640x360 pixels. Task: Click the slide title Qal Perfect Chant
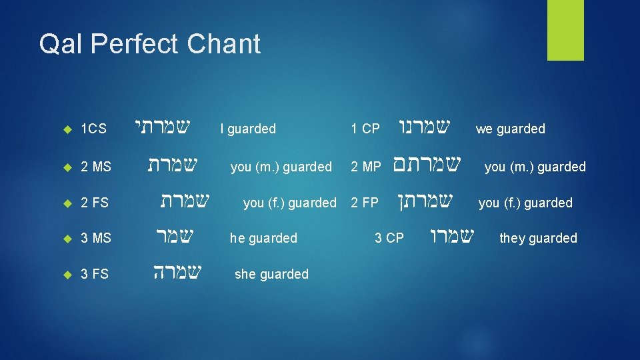tap(149, 44)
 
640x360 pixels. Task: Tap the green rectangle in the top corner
tap(565, 30)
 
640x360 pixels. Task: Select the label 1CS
tap(93, 129)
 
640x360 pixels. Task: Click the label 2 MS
tap(95, 167)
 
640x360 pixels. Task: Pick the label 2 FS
tap(95, 203)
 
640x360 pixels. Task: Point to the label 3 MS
tap(95, 238)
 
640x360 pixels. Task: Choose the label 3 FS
tap(95, 274)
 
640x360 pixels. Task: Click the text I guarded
tap(248, 129)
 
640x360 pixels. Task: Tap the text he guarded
tap(263, 238)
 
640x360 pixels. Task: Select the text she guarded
tap(271, 274)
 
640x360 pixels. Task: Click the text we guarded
tap(510, 129)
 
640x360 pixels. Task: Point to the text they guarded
tap(538, 238)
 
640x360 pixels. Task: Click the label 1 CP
tap(365, 129)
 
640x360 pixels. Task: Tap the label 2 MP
tap(366, 167)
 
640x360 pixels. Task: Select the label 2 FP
tap(365, 203)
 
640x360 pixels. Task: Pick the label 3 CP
tap(389, 238)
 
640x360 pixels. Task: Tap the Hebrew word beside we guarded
tap(424, 126)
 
